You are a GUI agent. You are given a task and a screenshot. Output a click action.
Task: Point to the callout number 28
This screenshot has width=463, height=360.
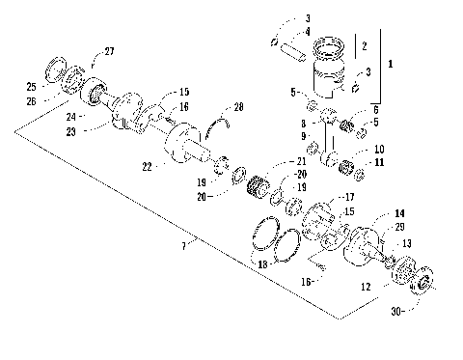click(239, 106)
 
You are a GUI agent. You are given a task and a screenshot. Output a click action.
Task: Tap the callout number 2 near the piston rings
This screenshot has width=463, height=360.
click(364, 45)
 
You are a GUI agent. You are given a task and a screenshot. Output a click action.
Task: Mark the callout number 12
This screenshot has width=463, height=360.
click(365, 286)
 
